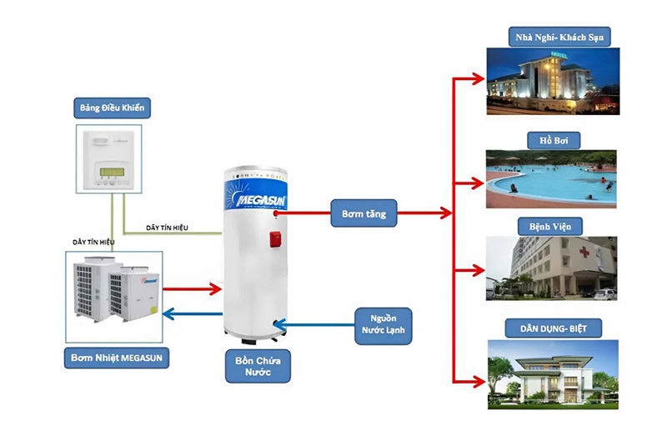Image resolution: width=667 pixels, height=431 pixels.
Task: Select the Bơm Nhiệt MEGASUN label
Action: tap(117, 359)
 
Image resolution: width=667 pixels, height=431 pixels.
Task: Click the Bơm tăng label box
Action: tap(363, 212)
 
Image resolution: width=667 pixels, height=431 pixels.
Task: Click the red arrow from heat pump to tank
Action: tap(192, 289)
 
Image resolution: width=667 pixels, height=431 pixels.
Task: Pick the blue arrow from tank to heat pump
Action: tap(192, 313)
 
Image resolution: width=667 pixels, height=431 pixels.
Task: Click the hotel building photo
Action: tap(553, 81)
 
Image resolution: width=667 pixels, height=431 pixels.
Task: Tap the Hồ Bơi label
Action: tap(554, 139)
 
